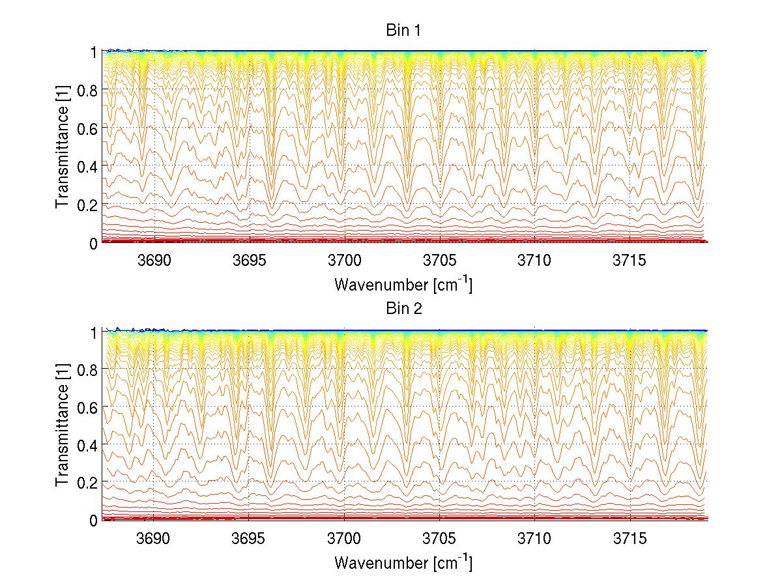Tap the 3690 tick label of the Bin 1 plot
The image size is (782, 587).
tap(154, 261)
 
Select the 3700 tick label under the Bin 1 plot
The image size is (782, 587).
tap(344, 261)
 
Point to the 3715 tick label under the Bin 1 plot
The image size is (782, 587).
tap(630, 261)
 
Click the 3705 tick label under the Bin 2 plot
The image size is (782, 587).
tap(440, 538)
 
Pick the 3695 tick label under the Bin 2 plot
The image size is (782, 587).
tap(249, 538)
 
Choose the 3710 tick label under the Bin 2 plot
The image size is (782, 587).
tap(535, 538)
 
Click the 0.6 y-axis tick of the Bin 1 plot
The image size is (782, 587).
tap(87, 128)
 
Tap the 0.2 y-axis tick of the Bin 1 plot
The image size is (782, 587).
tap(87, 205)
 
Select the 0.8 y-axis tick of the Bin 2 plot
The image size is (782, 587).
tap(87, 369)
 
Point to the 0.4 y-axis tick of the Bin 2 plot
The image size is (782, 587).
tap(87, 445)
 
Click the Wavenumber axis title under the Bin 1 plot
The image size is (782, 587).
tap(403, 284)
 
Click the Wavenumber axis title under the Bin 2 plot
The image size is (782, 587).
tap(403, 562)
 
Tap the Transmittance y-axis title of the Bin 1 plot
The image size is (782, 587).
tap(63, 147)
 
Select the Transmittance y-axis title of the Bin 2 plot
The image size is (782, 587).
tap(63, 425)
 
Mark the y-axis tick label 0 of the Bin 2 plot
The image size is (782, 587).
tap(94, 521)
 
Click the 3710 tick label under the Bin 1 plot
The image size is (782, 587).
tap(535, 261)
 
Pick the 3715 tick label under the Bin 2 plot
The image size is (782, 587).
tap(630, 538)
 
